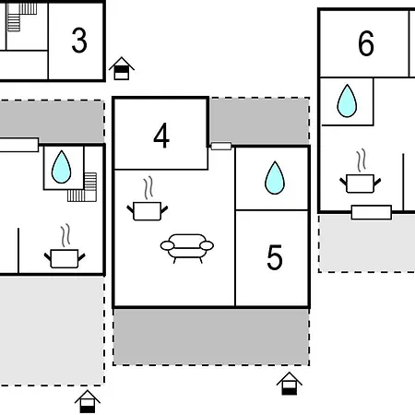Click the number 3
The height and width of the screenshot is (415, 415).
pos(79,41)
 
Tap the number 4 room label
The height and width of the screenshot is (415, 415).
pos(161,136)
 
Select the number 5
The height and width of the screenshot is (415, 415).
pos(275,257)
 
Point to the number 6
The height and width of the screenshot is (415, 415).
pos(366,43)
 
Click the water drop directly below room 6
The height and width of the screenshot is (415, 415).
pos(347,101)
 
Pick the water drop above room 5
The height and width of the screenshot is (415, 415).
pos(275,178)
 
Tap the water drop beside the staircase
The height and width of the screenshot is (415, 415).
pos(61,167)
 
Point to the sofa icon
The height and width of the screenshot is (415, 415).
pos(187,248)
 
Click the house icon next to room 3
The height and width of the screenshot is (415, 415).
pos(122,68)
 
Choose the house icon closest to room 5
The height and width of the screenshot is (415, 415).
pos(290,384)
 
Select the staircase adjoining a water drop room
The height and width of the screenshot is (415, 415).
pos(82,187)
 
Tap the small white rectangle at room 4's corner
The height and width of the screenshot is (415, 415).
pos(221,146)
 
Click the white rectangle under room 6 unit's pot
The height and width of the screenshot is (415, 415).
pos(372,212)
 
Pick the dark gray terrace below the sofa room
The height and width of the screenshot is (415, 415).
pos(211,337)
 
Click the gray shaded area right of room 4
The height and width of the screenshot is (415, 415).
pos(260,121)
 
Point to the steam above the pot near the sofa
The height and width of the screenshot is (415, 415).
pos(148,187)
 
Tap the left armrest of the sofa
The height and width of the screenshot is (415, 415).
pos(167,245)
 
